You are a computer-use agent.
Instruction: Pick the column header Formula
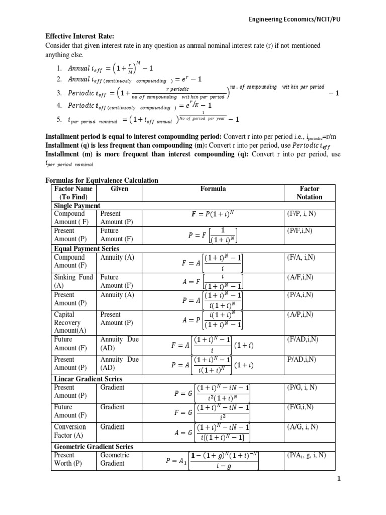pos(213,189)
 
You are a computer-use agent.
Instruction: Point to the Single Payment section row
pos(76,206)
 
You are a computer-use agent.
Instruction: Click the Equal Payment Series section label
pos(86,248)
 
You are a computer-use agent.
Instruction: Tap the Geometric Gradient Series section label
pos(93,446)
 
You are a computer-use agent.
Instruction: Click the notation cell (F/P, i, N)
pos(302,214)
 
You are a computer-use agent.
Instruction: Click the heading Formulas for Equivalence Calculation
pos(102,180)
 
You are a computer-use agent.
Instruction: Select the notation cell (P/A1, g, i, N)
pos(306,455)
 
